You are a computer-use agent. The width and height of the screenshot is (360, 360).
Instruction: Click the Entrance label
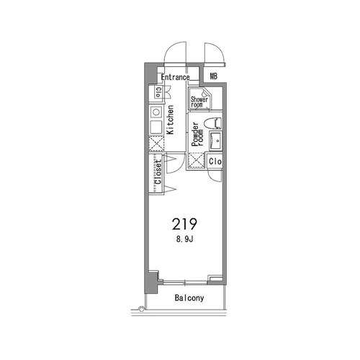pos(175,77)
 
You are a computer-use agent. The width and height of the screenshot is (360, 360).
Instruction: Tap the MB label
pos(214,76)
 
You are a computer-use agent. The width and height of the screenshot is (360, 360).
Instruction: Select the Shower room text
pos(199,102)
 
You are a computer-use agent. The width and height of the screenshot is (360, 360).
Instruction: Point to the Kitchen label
pos(170,120)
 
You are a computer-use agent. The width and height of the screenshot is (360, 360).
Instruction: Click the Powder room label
pos(197,135)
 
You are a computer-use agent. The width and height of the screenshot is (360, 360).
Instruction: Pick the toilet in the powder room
pos(212,123)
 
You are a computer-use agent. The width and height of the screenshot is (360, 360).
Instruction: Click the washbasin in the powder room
pos(215,141)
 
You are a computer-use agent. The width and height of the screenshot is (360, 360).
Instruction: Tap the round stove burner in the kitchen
pos(156,112)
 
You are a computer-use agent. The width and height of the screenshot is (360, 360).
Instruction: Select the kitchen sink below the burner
pos(156,127)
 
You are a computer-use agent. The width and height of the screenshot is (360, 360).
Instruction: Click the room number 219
pos(184,224)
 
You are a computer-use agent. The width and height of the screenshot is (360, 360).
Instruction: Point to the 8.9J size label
pos(185,239)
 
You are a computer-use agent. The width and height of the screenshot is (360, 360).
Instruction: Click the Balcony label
pos(189,298)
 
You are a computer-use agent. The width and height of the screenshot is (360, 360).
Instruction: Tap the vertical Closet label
pos(158,172)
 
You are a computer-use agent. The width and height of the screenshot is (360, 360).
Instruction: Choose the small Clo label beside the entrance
pos(158,92)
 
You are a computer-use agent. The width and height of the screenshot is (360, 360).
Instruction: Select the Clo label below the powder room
pos(215,161)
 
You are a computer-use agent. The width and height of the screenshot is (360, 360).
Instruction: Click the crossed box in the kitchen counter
pos(156,143)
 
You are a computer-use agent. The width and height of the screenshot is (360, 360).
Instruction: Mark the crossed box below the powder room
pos(196,160)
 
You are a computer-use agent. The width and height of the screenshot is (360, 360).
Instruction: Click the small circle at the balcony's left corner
pos(142,309)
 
